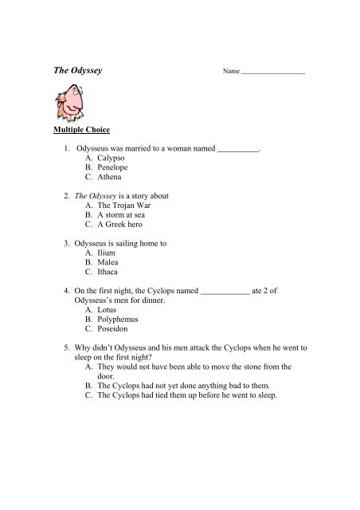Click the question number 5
tap(57, 349)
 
